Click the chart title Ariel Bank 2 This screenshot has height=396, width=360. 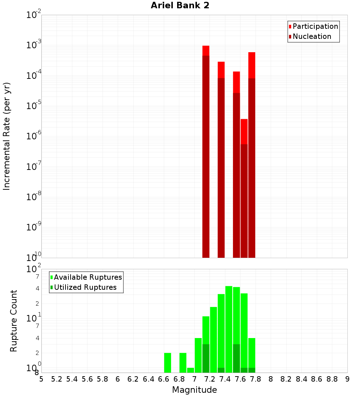coord(180,5)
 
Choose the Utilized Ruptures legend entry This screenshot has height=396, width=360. coord(85,287)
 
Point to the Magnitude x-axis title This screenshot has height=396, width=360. coord(194,390)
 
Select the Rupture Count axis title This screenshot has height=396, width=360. coord(14,321)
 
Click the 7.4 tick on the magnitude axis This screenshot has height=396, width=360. coord(225,379)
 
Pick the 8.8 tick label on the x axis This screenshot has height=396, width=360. coord(332,379)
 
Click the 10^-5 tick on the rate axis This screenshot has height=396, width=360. coord(33,106)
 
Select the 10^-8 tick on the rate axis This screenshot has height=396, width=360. coord(33,197)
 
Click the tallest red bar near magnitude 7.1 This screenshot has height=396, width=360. coord(206,151)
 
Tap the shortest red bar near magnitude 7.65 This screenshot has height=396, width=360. coord(244,187)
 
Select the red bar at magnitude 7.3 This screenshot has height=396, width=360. coord(221,158)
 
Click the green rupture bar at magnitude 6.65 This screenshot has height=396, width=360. coord(167,363)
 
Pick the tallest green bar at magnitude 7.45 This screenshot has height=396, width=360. coord(229,328)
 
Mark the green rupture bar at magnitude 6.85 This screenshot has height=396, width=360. coord(183,363)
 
